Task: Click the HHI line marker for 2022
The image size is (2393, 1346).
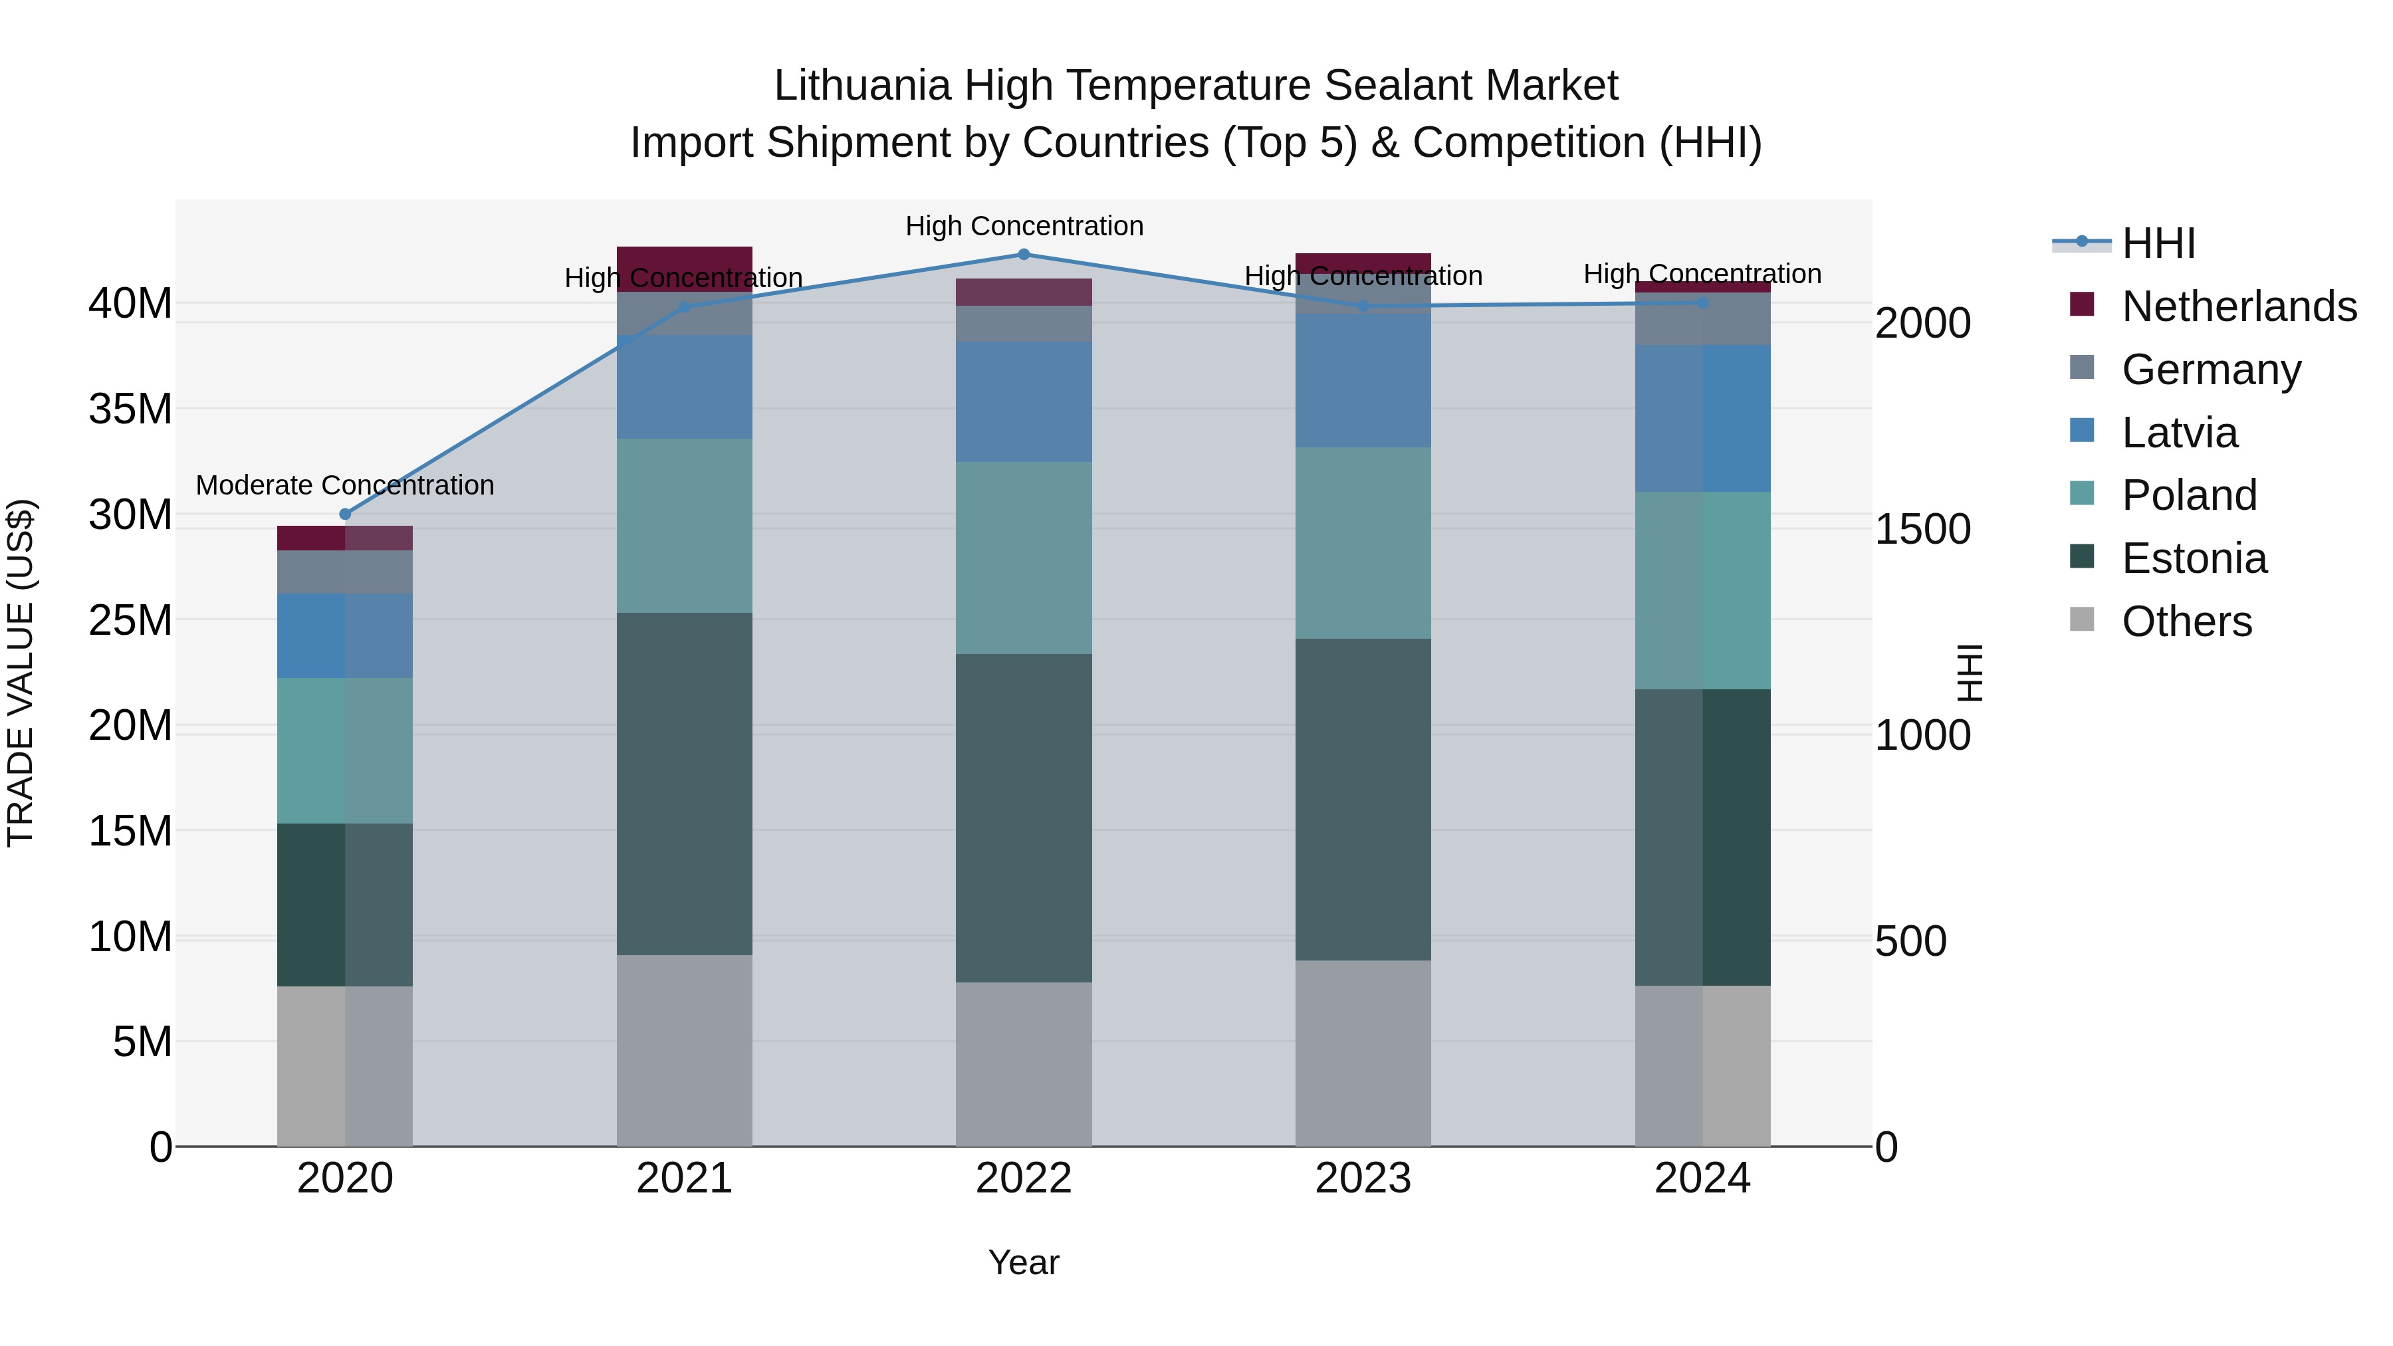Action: [1024, 254]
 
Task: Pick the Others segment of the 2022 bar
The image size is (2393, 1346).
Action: [1024, 1064]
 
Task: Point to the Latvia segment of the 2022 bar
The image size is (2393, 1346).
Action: [1024, 401]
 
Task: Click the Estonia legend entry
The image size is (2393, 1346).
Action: [2194, 558]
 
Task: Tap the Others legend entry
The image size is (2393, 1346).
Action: [2187, 621]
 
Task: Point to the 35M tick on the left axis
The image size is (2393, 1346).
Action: [130, 409]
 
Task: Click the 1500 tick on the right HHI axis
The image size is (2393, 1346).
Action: [1922, 530]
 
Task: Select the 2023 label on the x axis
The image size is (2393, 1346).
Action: [1363, 1178]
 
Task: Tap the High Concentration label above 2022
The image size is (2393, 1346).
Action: [1024, 226]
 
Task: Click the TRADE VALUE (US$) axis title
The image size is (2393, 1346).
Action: [21, 671]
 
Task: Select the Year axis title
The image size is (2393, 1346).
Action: [1024, 1262]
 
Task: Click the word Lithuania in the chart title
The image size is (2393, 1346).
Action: [862, 86]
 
